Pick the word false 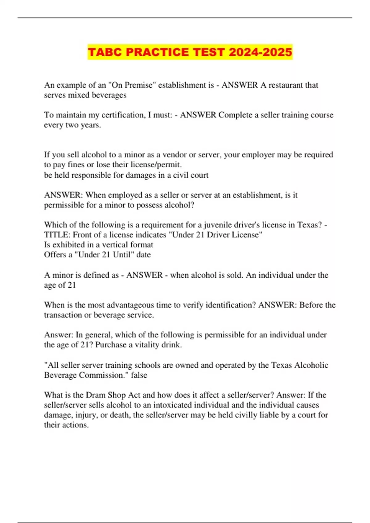pyautogui.click(x=139, y=375)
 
